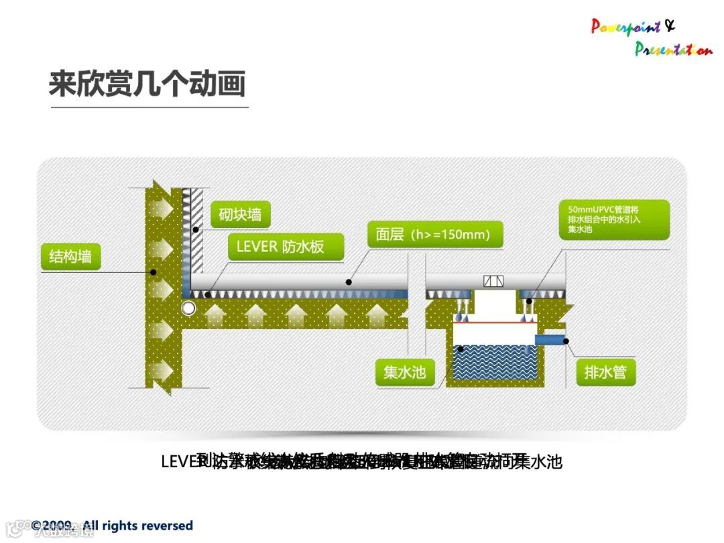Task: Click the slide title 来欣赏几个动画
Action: point(147,84)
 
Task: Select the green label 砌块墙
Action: point(240,215)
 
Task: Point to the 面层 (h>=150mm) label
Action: point(433,235)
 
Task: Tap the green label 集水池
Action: point(404,371)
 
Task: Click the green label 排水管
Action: point(605,371)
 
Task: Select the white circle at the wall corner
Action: point(188,308)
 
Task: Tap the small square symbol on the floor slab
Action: point(493,282)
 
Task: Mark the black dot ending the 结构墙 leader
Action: point(154,272)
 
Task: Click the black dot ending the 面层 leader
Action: point(349,282)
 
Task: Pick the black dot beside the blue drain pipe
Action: point(566,341)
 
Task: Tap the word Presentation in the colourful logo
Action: point(673,49)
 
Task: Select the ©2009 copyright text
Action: point(112,526)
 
